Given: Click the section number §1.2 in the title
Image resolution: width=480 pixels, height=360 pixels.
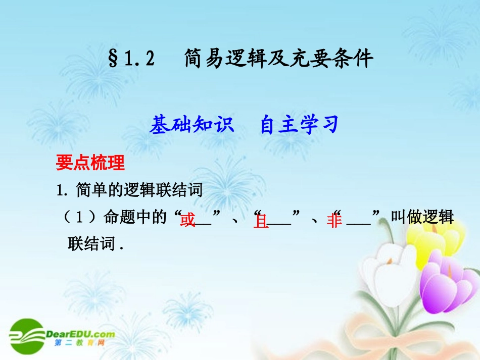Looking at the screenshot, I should [131, 60].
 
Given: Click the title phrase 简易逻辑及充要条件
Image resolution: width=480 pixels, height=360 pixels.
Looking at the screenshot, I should [278, 59].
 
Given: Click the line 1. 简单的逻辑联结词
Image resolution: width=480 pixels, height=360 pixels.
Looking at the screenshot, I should [130, 190].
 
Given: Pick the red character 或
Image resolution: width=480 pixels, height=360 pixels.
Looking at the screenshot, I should [188, 221].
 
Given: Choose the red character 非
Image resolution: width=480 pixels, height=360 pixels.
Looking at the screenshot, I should [334, 221].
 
